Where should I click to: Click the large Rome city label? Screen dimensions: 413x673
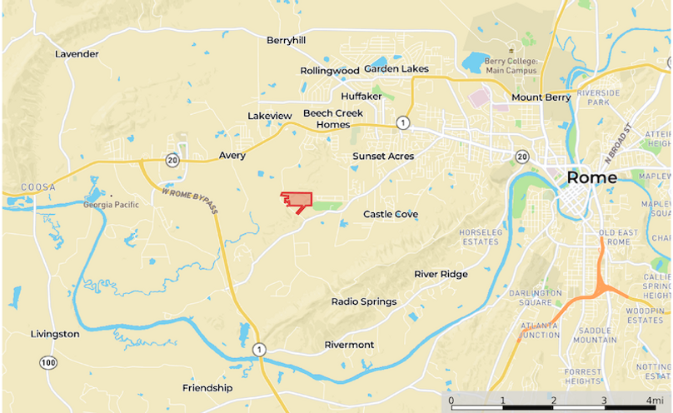591,177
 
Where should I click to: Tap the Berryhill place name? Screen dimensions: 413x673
287,40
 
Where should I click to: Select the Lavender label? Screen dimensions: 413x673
77,54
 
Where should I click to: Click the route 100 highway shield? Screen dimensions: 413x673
47,362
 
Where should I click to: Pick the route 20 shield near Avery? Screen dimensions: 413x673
172,161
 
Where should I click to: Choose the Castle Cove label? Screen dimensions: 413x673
391,215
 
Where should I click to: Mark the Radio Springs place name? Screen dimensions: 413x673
364,301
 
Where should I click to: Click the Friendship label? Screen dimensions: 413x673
207,388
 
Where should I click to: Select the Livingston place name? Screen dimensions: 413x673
55,334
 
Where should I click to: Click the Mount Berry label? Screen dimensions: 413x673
541,97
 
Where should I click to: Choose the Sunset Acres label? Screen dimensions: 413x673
382,156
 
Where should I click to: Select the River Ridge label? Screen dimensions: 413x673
441,274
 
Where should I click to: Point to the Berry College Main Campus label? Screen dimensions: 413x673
524,67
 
